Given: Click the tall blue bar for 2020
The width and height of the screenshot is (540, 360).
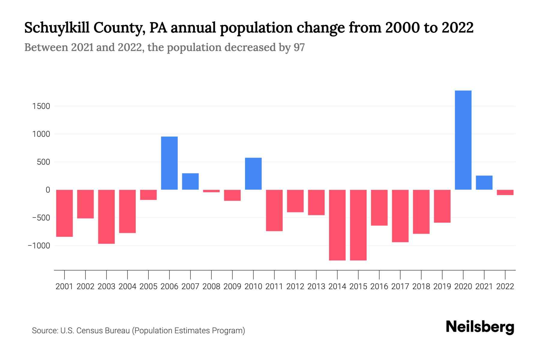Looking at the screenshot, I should pos(463,140).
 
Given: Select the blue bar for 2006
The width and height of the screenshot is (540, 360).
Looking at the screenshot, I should pos(169,163).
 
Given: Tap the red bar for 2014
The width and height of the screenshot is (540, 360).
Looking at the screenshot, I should pos(337,225).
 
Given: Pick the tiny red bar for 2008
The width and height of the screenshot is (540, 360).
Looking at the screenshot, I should pos(211,191).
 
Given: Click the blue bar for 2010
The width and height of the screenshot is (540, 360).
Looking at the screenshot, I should pos(253,174).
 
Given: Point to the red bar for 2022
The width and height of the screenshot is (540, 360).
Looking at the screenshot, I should pos(505,192).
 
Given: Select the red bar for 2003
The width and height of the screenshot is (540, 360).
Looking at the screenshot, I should pos(106,217).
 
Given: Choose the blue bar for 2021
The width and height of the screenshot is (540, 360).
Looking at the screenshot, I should pos(484,183).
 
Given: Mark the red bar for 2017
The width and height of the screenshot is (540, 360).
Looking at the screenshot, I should pos(400,216).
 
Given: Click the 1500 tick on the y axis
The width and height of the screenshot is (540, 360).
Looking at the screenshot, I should pos(41,106).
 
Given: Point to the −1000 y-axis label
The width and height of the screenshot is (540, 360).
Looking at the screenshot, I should pos(39,246).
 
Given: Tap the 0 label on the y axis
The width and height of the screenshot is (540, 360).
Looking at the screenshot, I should pos(48,190).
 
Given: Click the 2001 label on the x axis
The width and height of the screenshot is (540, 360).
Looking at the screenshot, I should pos(64,286).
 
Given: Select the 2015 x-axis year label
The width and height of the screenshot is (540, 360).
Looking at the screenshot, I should pos(358,286).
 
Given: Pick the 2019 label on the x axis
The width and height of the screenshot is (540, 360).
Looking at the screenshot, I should pos(442,286).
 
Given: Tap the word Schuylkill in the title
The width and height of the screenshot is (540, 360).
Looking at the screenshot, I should pos(57,28).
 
